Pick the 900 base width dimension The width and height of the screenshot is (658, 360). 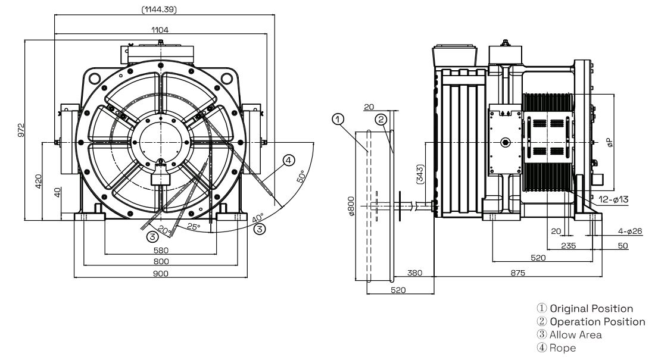[160, 273]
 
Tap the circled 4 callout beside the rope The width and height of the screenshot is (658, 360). [288, 160]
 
